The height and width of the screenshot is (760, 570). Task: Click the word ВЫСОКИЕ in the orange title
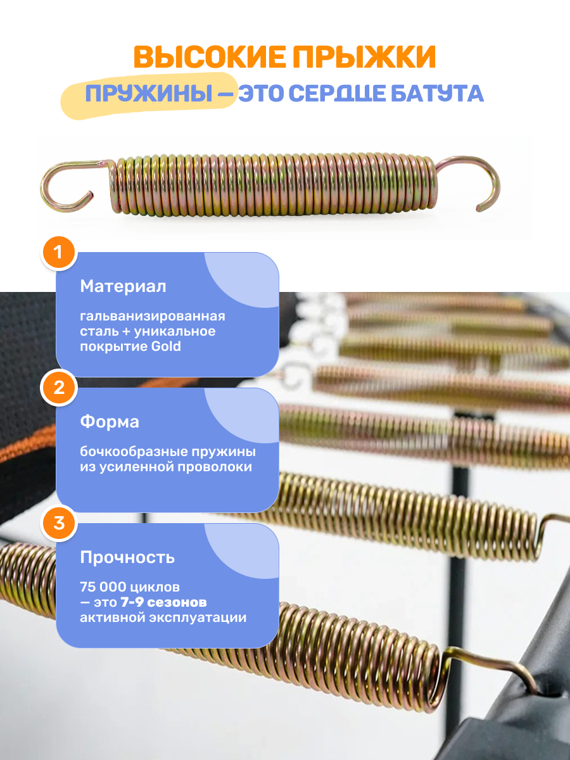click(x=210, y=57)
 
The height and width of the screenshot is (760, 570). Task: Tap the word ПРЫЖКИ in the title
click(x=364, y=57)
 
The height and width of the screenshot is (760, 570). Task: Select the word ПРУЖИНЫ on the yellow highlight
click(x=149, y=94)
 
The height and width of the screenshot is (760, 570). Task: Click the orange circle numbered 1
click(x=58, y=253)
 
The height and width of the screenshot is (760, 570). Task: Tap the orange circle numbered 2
click(x=58, y=388)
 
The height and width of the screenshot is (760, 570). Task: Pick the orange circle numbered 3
click(x=58, y=523)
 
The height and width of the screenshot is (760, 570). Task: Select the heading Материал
click(x=123, y=286)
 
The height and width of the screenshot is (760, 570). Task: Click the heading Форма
click(x=110, y=422)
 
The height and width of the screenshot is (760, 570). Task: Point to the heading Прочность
click(x=127, y=557)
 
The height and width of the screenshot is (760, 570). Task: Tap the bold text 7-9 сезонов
click(x=163, y=602)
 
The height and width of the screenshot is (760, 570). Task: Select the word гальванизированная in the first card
click(x=153, y=316)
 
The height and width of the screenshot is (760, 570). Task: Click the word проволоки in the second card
click(x=215, y=467)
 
